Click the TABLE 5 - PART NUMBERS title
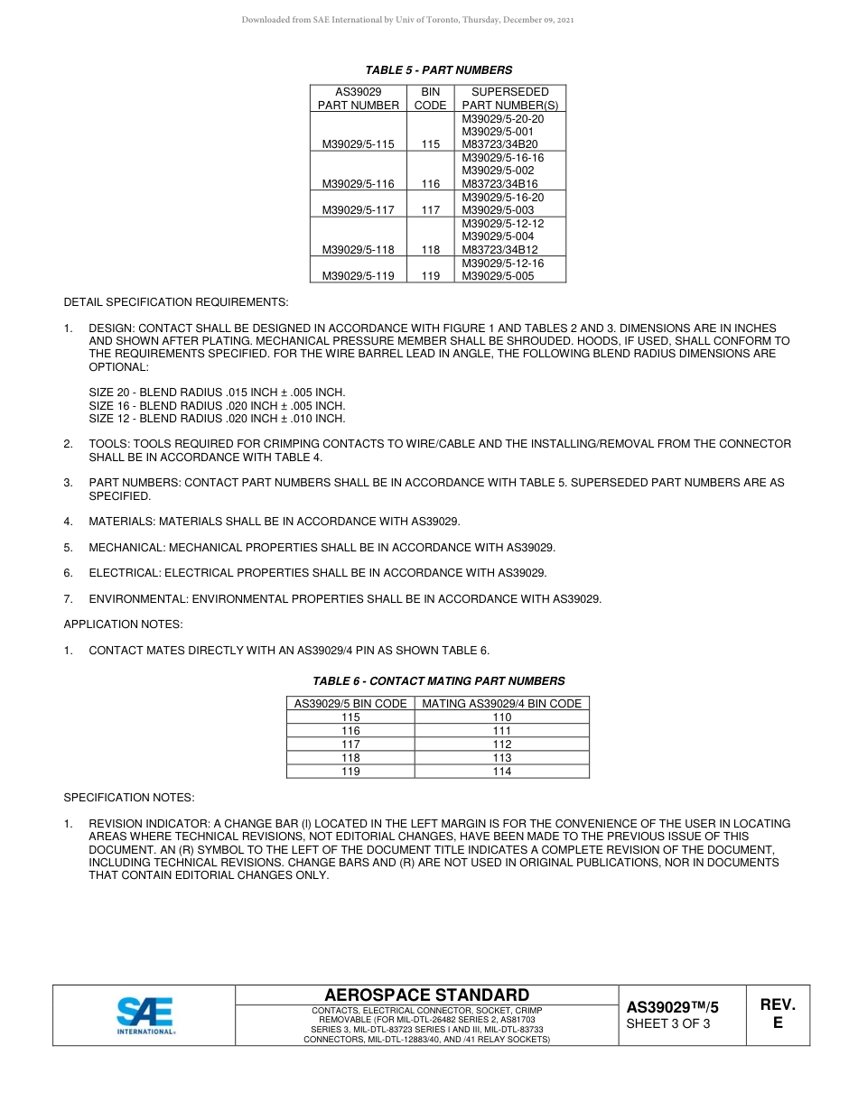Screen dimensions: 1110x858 (x=438, y=69)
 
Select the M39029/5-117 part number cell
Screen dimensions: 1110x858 (x=358, y=210)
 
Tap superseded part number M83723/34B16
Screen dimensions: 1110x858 (x=499, y=184)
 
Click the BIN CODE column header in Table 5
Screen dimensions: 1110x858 (x=430, y=98)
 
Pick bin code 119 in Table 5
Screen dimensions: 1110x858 (x=430, y=276)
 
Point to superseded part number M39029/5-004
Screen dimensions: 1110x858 (x=498, y=236)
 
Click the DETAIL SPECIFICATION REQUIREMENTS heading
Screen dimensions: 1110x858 (x=176, y=301)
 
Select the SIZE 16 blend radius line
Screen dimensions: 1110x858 (x=217, y=406)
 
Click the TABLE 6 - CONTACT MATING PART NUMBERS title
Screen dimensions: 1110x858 (x=438, y=681)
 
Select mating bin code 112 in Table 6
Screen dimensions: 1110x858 (x=502, y=745)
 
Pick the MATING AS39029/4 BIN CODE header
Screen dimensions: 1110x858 (x=502, y=704)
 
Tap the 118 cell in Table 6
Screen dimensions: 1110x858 (x=350, y=758)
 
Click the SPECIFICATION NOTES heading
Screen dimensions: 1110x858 (x=128, y=798)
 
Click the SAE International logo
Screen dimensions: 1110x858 (x=145, y=1015)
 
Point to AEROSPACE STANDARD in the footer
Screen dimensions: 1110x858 (x=426, y=994)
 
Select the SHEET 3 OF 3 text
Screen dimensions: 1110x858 (x=668, y=1024)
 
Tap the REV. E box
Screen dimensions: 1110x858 (x=777, y=1014)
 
